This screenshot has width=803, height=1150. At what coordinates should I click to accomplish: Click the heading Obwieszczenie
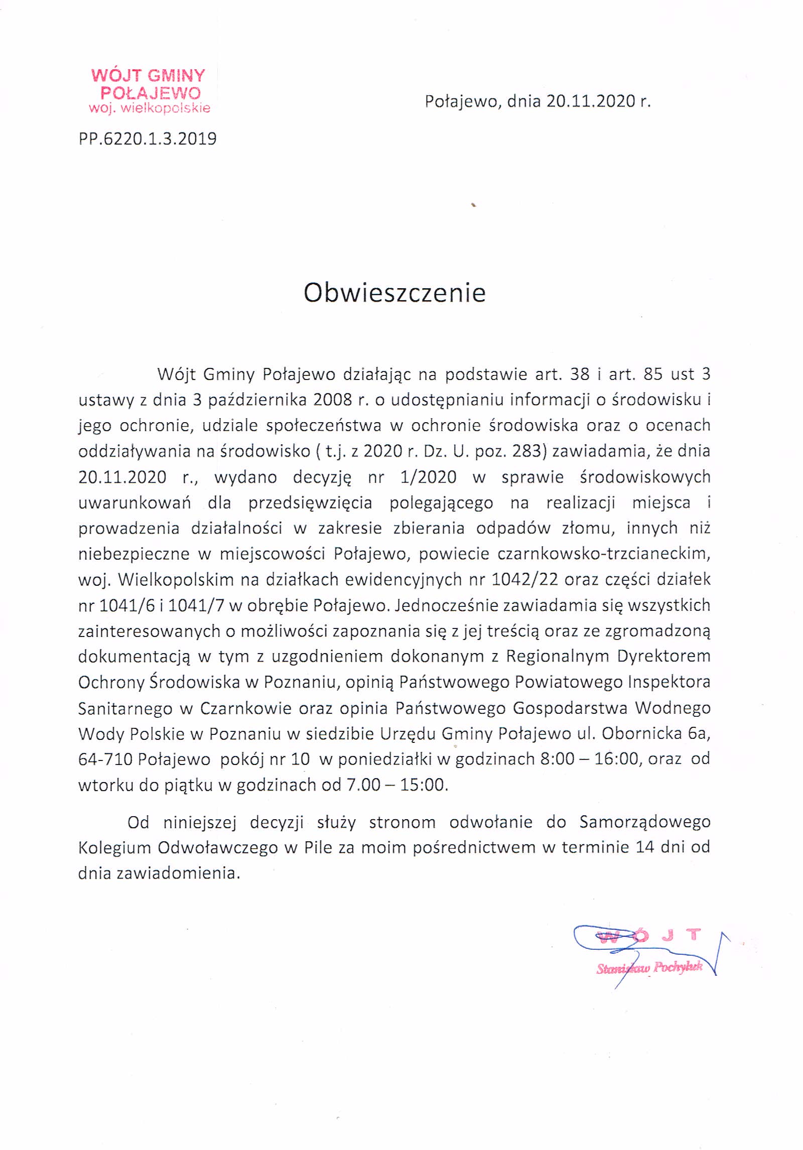pos(394,293)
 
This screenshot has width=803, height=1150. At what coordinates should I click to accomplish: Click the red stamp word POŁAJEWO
pos(151,93)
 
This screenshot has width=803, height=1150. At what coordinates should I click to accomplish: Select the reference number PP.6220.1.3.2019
pos(148,139)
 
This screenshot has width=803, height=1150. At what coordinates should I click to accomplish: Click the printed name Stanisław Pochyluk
pos(649,967)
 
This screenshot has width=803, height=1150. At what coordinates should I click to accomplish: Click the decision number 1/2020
pos(428,477)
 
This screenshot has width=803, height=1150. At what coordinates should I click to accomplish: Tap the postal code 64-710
pos(105,759)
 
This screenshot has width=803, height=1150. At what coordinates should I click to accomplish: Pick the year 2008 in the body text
pos(332,400)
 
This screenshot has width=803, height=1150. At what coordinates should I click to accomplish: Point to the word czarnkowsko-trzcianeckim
pos(604,554)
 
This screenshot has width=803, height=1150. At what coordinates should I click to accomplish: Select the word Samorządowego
pos(644,822)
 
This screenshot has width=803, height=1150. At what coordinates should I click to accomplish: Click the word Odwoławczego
pos(218,848)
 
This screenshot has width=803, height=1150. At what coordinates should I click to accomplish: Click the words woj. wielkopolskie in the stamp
pos(150,108)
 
